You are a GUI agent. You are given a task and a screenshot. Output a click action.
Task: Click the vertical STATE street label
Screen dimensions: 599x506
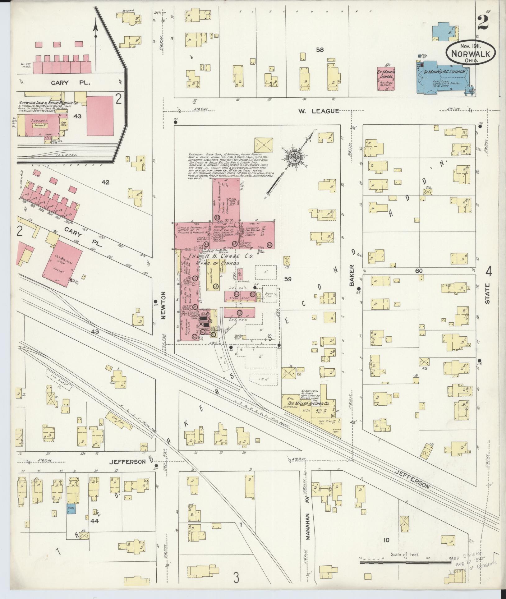click(x=487, y=293)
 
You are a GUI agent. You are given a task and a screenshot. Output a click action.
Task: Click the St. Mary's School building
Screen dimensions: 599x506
click(x=386, y=79)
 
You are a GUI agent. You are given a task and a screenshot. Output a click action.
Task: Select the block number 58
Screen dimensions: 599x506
click(x=320, y=49)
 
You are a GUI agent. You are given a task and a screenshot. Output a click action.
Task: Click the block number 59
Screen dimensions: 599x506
click(x=288, y=279)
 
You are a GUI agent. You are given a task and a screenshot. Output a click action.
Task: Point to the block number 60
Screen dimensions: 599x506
click(x=419, y=271)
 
